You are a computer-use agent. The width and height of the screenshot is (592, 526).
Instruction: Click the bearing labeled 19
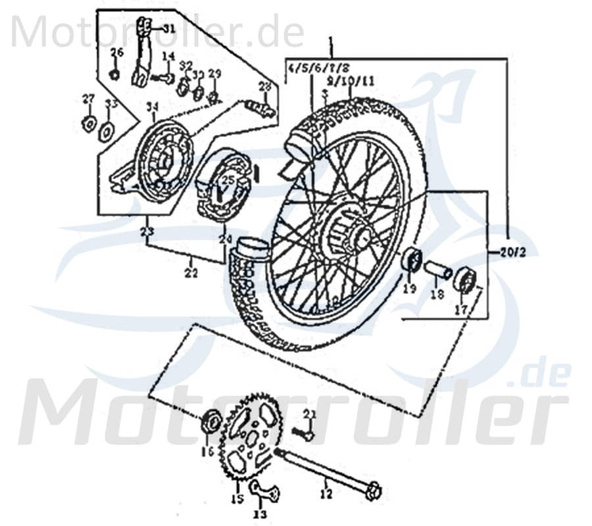point(412,260)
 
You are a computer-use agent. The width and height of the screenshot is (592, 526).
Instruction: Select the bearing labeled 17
point(464,279)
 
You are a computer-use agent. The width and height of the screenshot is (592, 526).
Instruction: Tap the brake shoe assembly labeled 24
point(220,184)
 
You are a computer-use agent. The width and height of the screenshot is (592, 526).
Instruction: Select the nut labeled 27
point(86,124)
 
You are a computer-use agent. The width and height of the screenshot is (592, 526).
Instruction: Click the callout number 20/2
point(514,251)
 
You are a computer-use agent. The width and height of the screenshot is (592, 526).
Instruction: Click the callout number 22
point(191,274)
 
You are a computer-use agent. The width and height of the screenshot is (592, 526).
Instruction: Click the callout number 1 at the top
point(331,45)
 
